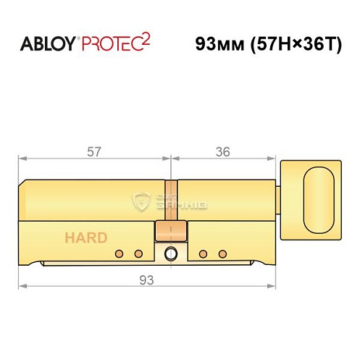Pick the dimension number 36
pos(224,151)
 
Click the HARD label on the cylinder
pos(86,237)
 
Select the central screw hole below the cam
pos(171,253)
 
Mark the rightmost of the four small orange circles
pos(222,253)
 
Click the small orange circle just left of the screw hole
pos(138,253)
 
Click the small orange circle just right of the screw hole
pos(204,253)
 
